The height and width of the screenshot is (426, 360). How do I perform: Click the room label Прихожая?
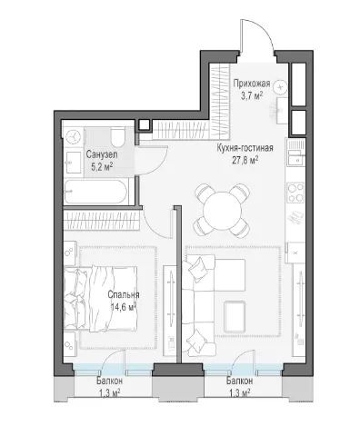[251, 84]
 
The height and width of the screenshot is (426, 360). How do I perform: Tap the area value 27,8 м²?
[245, 161]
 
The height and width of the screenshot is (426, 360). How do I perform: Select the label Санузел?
[102, 154]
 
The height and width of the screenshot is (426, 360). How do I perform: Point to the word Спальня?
[124, 294]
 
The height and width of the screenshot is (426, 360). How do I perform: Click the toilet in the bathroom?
[117, 137]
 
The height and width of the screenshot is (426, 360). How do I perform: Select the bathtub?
[95, 193]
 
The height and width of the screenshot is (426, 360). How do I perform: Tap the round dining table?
[223, 211]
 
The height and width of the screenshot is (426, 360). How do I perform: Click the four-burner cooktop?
[295, 193]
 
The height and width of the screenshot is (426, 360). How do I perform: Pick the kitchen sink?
[295, 158]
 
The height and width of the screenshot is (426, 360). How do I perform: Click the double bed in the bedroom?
[101, 298]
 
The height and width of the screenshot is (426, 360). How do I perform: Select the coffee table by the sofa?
[235, 316]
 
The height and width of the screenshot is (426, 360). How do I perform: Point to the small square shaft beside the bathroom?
[144, 125]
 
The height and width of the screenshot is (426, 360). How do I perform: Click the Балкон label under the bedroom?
[110, 381]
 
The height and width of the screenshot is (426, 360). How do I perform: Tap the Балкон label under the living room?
[239, 381]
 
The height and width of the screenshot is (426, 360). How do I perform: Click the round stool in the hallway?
[280, 87]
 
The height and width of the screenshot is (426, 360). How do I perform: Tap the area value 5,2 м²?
[102, 166]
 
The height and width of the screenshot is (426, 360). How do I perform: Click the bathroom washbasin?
[73, 163]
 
